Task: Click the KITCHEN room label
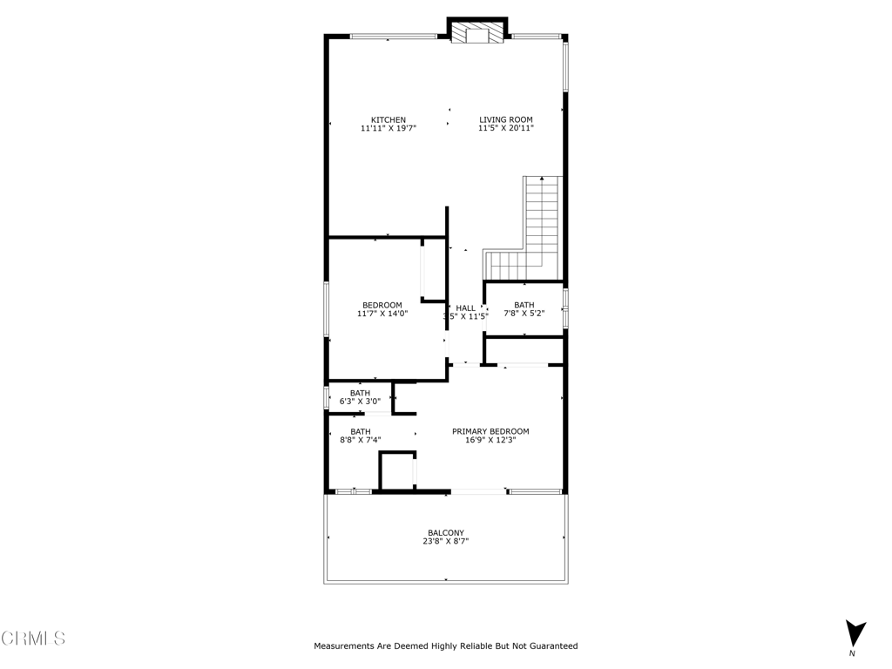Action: coord(389,120)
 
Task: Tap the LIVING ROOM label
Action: coord(505,120)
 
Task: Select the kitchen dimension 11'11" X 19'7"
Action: coord(389,129)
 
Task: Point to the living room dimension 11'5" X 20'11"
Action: coord(505,129)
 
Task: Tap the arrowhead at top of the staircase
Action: coord(542,179)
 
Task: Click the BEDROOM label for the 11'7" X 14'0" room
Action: coord(382,305)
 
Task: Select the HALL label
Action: coord(466,308)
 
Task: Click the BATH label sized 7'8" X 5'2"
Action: coord(524,305)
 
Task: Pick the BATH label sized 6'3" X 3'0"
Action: coord(360,393)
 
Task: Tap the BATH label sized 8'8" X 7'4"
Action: coord(360,431)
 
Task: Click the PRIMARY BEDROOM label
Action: coord(490,431)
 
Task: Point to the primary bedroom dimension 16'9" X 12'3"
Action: coord(490,441)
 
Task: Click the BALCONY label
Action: coord(445,533)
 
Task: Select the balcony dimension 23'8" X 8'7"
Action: coord(445,542)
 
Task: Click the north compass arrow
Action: coord(855,633)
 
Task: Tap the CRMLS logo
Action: coord(33,639)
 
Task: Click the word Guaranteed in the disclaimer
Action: coord(551,646)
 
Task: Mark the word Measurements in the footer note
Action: coord(342,646)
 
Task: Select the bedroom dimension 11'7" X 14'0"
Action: coord(382,314)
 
